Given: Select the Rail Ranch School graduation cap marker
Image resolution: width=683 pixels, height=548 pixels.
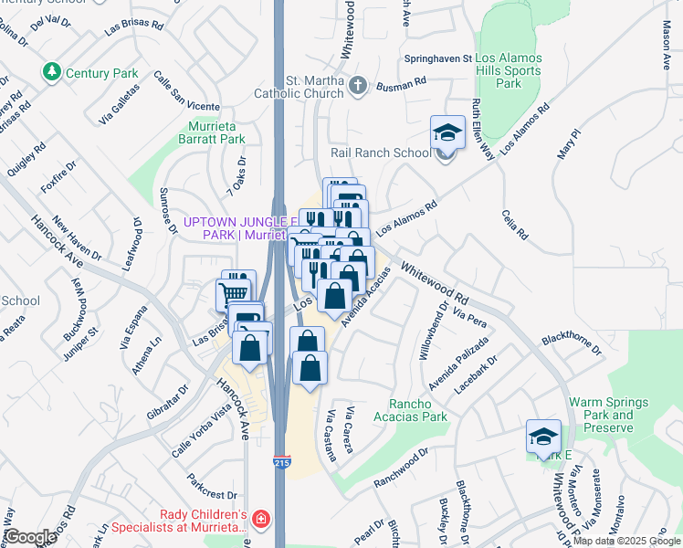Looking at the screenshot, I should pyautogui.click(x=447, y=132).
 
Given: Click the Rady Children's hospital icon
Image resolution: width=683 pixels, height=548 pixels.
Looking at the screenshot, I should pyautogui.click(x=262, y=519).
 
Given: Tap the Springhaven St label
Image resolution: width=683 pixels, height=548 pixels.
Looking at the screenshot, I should pyautogui.click(x=439, y=58).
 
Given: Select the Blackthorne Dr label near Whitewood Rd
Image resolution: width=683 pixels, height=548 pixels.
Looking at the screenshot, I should pyautogui.click(x=573, y=343).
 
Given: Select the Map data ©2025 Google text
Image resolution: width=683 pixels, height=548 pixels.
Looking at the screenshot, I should pyautogui.click(x=626, y=541).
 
